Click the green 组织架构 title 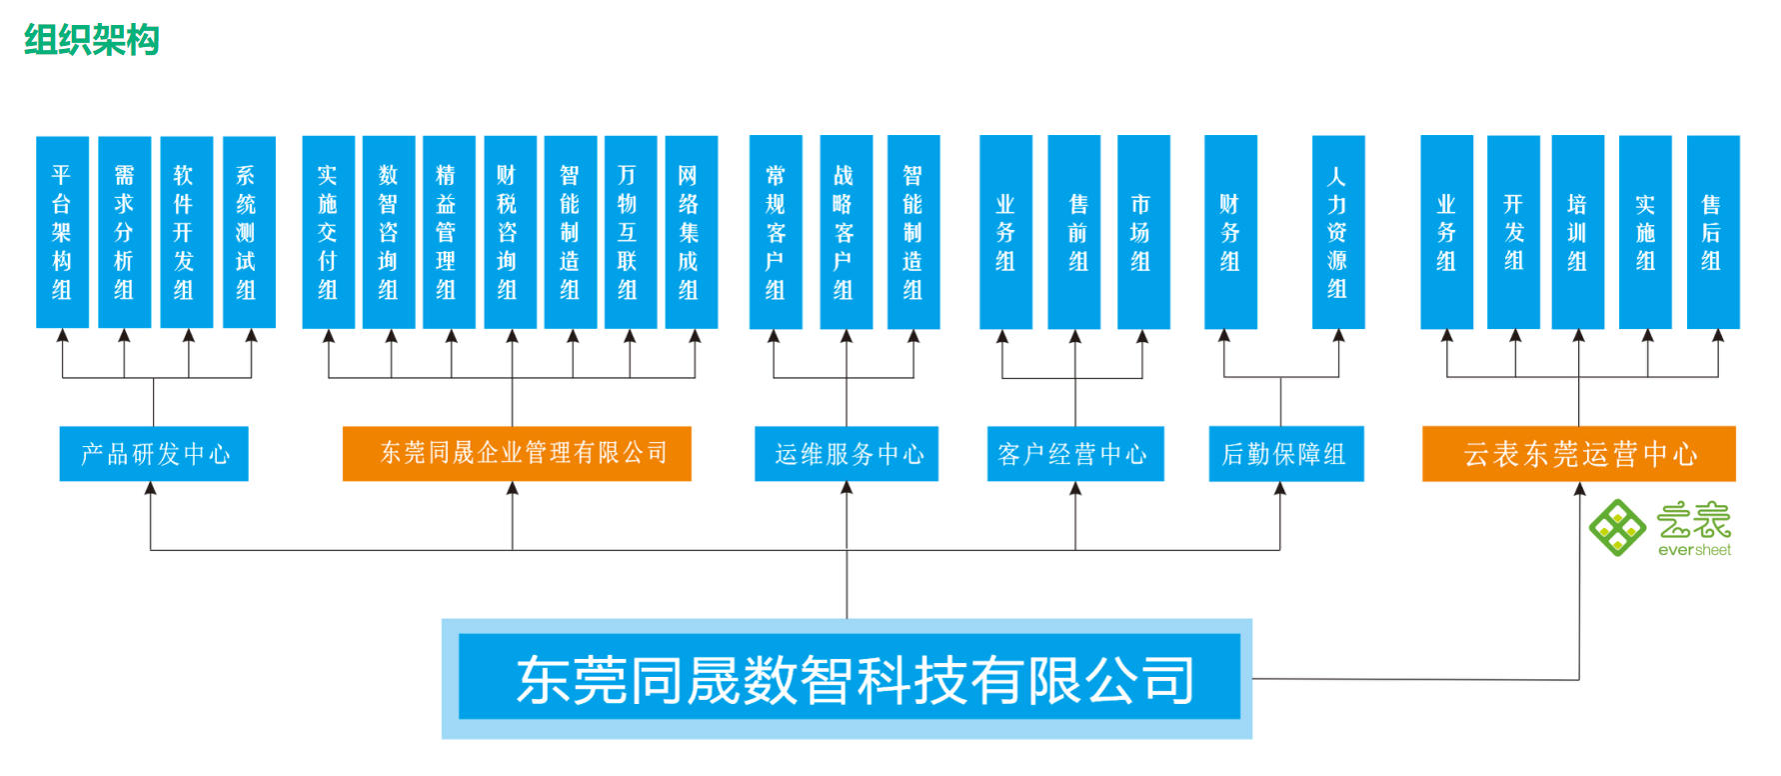[x=91, y=40]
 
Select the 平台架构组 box [x=62, y=232]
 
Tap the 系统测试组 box [x=248, y=232]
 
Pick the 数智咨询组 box [x=389, y=232]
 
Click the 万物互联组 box [x=630, y=232]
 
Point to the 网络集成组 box [x=691, y=232]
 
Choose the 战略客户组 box [x=846, y=232]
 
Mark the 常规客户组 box [x=776, y=232]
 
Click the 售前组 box [x=1074, y=232]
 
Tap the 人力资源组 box [x=1338, y=232]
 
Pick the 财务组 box [x=1230, y=232]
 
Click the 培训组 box [x=1578, y=232]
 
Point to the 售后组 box [x=1713, y=232]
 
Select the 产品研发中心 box [x=154, y=454]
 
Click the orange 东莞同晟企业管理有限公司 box [x=517, y=454]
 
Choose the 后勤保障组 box [x=1286, y=454]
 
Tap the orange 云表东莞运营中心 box [x=1579, y=454]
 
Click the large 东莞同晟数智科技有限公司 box [x=848, y=679]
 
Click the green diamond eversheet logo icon [x=1617, y=527]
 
